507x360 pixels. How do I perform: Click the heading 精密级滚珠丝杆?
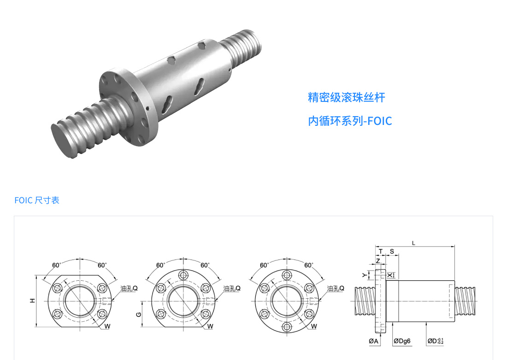[346, 97]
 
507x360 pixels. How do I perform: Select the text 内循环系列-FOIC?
[350, 121]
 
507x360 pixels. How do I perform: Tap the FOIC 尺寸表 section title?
[37, 200]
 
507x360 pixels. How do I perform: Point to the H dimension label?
[32, 301]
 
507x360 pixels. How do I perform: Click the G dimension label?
[139, 314]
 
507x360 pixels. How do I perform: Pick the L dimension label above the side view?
[413, 243]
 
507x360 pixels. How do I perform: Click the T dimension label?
[381, 251]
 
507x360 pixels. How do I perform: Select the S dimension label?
[392, 251]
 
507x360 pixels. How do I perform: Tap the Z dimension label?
[377, 261]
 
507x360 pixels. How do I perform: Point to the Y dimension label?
[365, 275]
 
